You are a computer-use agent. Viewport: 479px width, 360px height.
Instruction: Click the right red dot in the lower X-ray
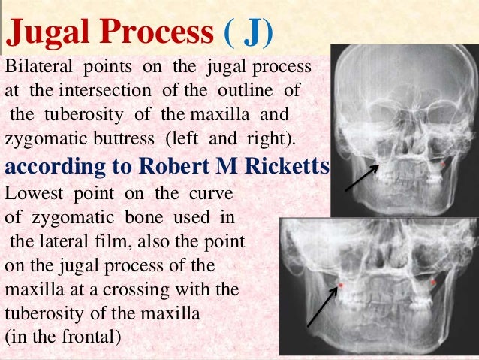pyautogui.click(x=433, y=283)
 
